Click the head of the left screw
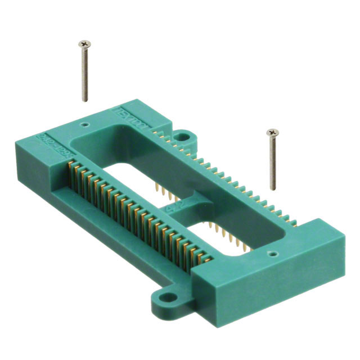[x=84, y=43]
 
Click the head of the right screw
[x=273, y=133]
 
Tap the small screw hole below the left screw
[x=85, y=120]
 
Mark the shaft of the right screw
[x=273, y=163]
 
